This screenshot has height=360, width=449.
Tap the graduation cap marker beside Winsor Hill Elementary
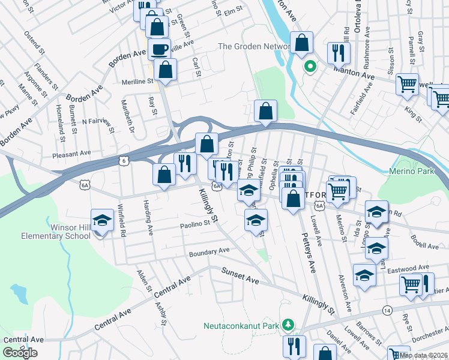103,220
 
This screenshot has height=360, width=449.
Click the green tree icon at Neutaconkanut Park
289,325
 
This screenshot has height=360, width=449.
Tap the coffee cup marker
160,49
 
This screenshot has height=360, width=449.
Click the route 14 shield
387,310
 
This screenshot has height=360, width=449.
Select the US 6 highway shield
124,161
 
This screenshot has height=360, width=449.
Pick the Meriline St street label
128,82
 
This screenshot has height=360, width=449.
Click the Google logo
20,353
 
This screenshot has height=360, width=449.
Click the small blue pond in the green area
19,293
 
